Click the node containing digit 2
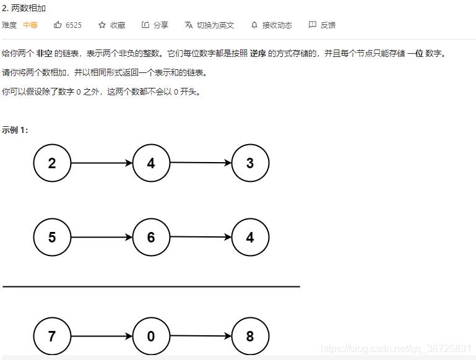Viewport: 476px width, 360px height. point(52,163)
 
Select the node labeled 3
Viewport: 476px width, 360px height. point(250,163)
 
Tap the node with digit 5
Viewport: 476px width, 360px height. point(52,238)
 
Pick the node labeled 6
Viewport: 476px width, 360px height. point(151,238)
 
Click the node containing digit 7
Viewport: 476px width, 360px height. point(52,336)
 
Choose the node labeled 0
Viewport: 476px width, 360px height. point(151,336)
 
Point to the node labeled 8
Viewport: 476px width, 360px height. point(250,336)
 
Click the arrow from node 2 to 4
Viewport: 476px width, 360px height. point(102,163)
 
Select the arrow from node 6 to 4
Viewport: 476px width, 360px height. point(201,237)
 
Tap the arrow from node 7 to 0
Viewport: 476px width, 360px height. point(102,336)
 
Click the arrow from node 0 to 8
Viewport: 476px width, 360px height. point(201,336)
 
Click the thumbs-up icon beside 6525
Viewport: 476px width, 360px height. point(58,25)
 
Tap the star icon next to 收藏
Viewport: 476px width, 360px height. point(102,25)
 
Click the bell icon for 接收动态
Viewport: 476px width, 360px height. point(254,25)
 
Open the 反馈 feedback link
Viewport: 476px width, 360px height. point(322,25)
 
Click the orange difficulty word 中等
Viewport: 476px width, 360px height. point(30,25)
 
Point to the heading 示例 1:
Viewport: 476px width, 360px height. point(15,130)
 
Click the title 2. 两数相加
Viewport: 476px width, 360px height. point(24,9)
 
